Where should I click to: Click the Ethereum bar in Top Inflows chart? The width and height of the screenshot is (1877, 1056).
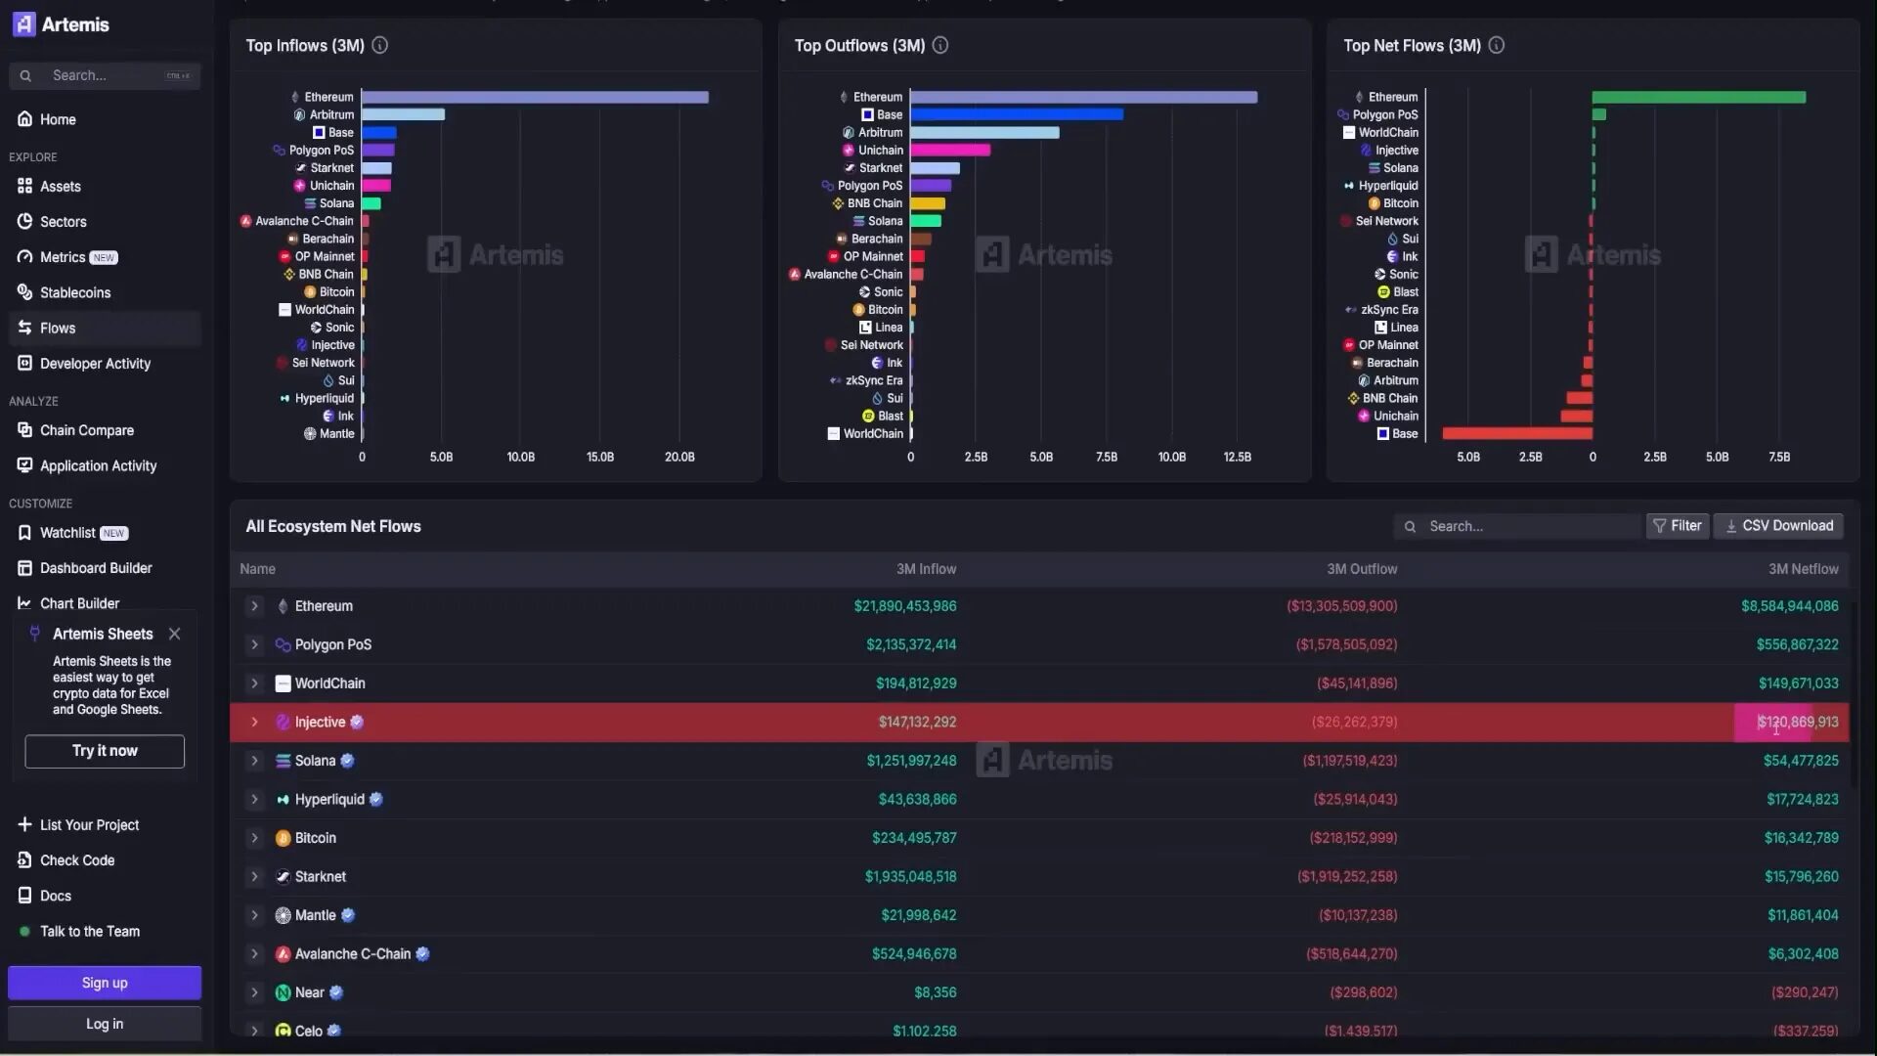pyautogui.click(x=535, y=97)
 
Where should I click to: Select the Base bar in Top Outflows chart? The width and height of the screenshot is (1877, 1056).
pyautogui.click(x=1017, y=114)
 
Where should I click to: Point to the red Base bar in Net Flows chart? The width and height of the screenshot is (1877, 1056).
pyautogui.click(x=1517, y=433)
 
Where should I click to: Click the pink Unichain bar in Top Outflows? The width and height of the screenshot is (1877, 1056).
pyautogui.click(x=950, y=150)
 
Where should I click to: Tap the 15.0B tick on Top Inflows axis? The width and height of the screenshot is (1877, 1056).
pyautogui.click(x=599, y=457)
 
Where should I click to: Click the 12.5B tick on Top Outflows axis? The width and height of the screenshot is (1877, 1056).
pyautogui.click(x=1237, y=457)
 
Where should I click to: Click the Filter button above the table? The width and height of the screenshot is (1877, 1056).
pyautogui.click(x=1677, y=526)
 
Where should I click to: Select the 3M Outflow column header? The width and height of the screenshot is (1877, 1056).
pyautogui.click(x=1361, y=569)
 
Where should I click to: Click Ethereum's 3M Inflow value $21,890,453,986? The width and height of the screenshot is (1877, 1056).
pyautogui.click(x=904, y=606)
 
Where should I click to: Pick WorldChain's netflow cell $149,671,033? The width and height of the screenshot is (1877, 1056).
pyautogui.click(x=1798, y=683)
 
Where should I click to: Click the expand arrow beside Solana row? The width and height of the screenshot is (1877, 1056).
pyautogui.click(x=254, y=761)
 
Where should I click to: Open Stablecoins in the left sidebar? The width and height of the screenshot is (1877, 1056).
pyautogui.click(x=75, y=292)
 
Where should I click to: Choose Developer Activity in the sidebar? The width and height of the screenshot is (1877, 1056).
pyautogui.click(x=95, y=364)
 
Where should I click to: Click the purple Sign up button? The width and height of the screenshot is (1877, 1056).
pyautogui.click(x=105, y=983)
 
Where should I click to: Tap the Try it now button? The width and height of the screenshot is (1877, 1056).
pyautogui.click(x=105, y=751)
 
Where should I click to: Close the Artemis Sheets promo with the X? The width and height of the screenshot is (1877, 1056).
pyautogui.click(x=174, y=634)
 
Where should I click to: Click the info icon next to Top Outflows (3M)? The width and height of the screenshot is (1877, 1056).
pyautogui.click(x=939, y=45)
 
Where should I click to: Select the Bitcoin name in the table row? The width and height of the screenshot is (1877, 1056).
pyautogui.click(x=315, y=838)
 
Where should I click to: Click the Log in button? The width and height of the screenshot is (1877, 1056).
pyautogui.click(x=105, y=1024)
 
